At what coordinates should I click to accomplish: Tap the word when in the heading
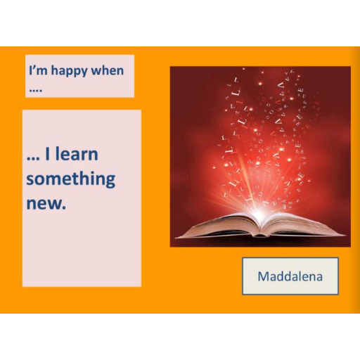point(108,70)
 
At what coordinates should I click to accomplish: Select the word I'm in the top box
point(38,70)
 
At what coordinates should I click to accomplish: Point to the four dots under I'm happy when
point(36,90)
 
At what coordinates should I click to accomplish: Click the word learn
point(77,153)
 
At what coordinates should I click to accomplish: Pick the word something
point(71,179)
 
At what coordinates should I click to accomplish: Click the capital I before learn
point(47,154)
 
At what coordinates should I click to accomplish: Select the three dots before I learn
point(33,159)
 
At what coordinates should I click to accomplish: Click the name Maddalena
point(290,276)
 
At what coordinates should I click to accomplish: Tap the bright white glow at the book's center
point(259,214)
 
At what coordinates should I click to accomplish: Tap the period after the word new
point(63,207)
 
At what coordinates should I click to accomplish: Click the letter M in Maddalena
point(264,276)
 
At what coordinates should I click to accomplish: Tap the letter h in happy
point(55,70)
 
